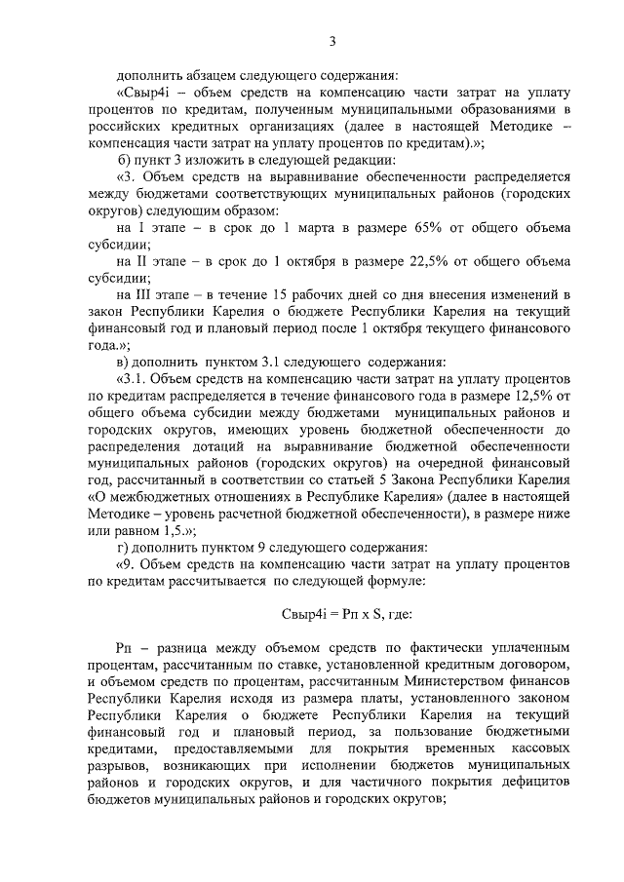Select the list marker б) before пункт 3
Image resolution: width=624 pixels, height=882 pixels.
point(123,160)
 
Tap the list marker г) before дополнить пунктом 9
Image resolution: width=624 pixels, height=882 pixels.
point(122,545)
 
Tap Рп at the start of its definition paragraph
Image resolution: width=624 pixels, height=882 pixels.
point(123,647)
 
